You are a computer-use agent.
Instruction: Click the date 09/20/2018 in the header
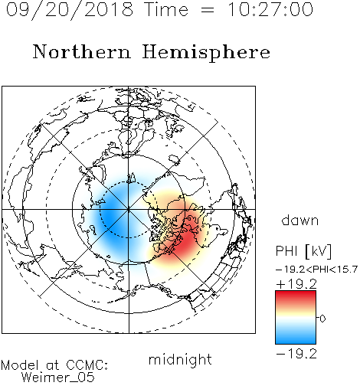point(70,10)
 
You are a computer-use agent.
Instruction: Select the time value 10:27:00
point(270,10)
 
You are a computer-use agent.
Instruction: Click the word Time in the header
point(166,10)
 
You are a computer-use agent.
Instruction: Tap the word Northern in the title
point(82,52)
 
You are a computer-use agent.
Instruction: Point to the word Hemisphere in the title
point(206,53)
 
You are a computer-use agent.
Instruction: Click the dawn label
point(300,220)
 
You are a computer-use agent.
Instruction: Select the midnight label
point(180,360)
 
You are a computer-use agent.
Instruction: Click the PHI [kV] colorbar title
point(304,251)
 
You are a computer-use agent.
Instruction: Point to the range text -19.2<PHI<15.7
point(316,270)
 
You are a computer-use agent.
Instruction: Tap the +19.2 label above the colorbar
point(296,284)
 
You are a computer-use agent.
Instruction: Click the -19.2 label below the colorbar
point(296,354)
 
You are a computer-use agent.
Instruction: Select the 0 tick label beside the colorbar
point(322,319)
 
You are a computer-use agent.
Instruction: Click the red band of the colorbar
point(296,297)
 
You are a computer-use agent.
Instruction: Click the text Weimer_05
point(58,378)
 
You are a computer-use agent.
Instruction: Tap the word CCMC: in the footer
point(87,365)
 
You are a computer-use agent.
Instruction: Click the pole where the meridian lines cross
point(129,210)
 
